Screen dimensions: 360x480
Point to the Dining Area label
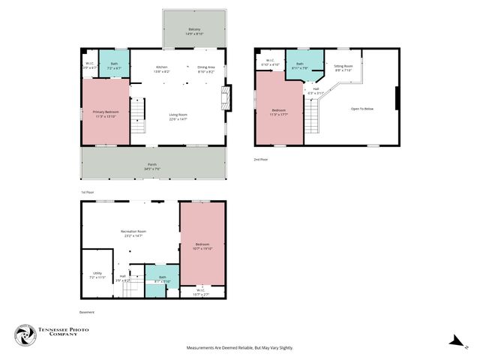click(205, 69)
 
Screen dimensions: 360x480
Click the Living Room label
click(178, 116)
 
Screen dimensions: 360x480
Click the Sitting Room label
click(343, 67)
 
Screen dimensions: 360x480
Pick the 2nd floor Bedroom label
click(278, 112)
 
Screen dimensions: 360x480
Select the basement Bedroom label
click(202, 246)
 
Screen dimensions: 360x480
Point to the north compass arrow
click(456, 341)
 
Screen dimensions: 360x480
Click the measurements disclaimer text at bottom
click(239, 348)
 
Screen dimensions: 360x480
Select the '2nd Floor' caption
click(260, 159)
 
